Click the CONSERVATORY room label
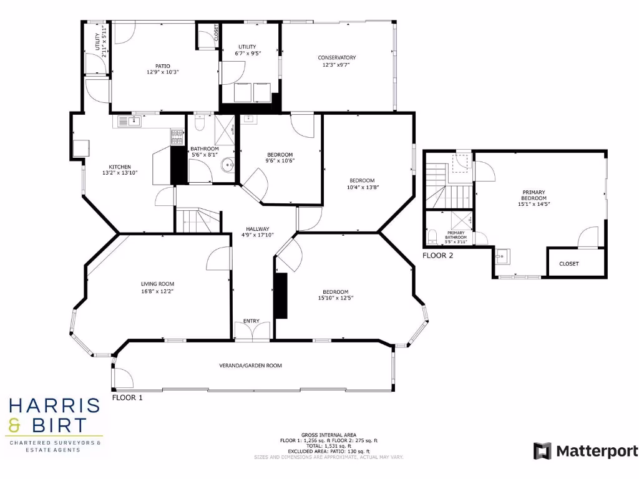tap(337, 58)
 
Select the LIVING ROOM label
tap(157, 284)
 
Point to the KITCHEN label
tap(120, 167)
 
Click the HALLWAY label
tap(256, 229)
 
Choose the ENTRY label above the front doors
tap(251, 321)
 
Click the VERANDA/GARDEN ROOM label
tap(250, 365)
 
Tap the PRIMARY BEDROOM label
tap(534, 195)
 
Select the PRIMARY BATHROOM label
tap(456, 235)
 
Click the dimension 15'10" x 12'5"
tap(335, 298)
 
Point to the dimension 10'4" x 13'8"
tap(363, 186)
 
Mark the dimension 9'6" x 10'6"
tap(280, 160)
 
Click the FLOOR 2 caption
tap(438, 255)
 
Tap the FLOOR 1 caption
tap(127, 397)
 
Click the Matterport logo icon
tap(542, 451)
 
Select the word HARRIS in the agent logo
tap(54, 406)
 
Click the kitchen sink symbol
tap(132, 120)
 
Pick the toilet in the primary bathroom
tap(432, 236)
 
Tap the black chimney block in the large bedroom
tap(281, 296)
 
